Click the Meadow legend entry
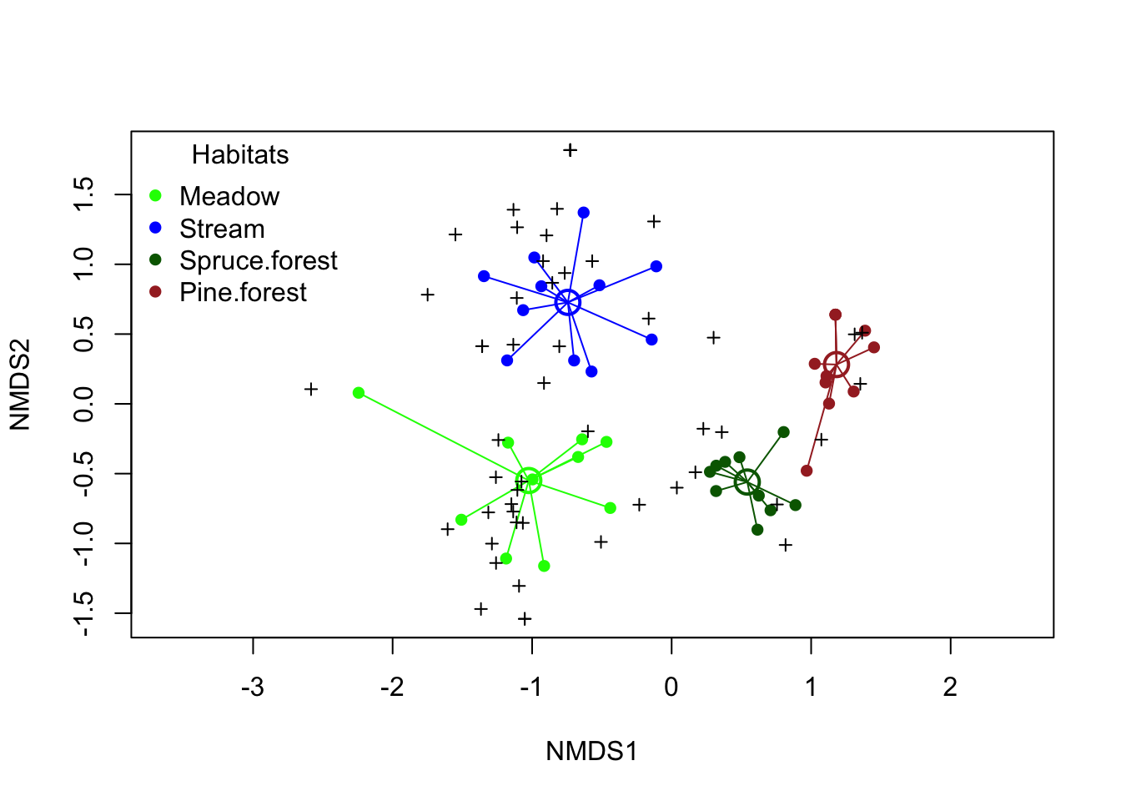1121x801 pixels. coord(229,196)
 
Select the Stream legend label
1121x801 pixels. coord(222,229)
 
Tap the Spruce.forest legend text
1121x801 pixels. coord(259,260)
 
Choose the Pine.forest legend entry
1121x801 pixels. coord(243,293)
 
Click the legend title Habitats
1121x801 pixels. coord(240,154)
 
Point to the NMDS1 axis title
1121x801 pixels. coord(591,751)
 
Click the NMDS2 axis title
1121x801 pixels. coord(20,384)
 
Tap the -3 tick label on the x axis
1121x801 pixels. coord(253,688)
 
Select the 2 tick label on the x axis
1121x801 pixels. coord(950,688)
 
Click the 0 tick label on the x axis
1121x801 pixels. coord(671,688)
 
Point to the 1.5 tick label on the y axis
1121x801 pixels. coord(84,194)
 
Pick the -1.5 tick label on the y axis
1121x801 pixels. coord(84,613)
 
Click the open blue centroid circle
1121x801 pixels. coord(567,302)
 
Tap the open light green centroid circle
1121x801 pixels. coord(528,480)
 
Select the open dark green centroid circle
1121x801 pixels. coord(747,481)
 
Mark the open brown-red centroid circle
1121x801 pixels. coord(837,365)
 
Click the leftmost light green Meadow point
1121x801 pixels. coord(359,393)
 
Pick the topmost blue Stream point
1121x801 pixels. coord(584,213)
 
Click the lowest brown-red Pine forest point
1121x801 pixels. coord(807,471)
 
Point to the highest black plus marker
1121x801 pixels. coord(570,150)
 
